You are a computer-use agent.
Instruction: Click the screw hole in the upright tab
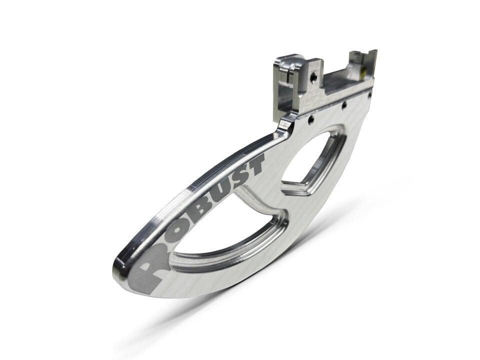point(313,77)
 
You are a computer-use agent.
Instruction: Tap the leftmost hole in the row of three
point(310,119)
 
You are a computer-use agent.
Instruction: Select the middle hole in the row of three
point(344,105)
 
